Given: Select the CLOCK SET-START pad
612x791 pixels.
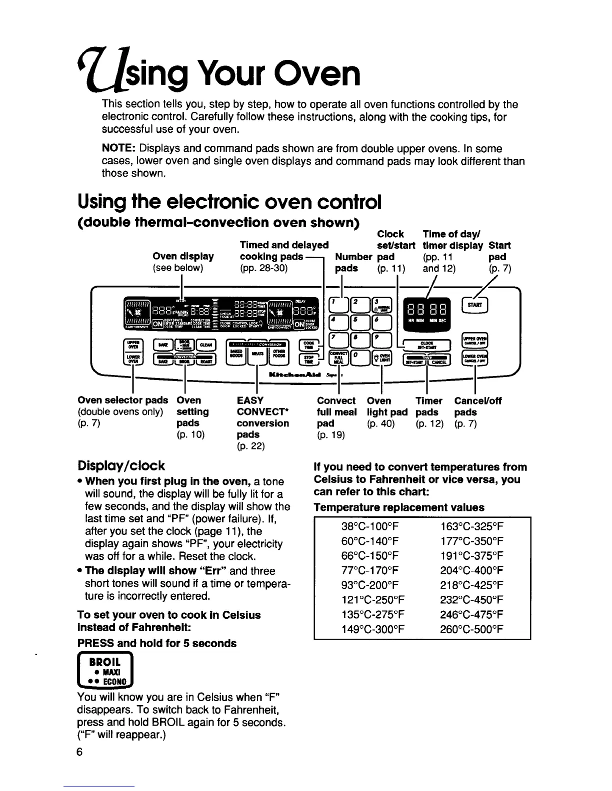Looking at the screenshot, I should pos(427,345).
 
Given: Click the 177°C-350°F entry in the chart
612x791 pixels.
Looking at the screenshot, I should pos(471,542).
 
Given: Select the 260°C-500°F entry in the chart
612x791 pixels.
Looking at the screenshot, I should pos(471,629).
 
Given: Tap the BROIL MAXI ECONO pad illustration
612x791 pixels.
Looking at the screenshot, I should pos(105,671).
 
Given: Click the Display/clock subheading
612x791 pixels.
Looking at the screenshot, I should pos(121,466).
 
